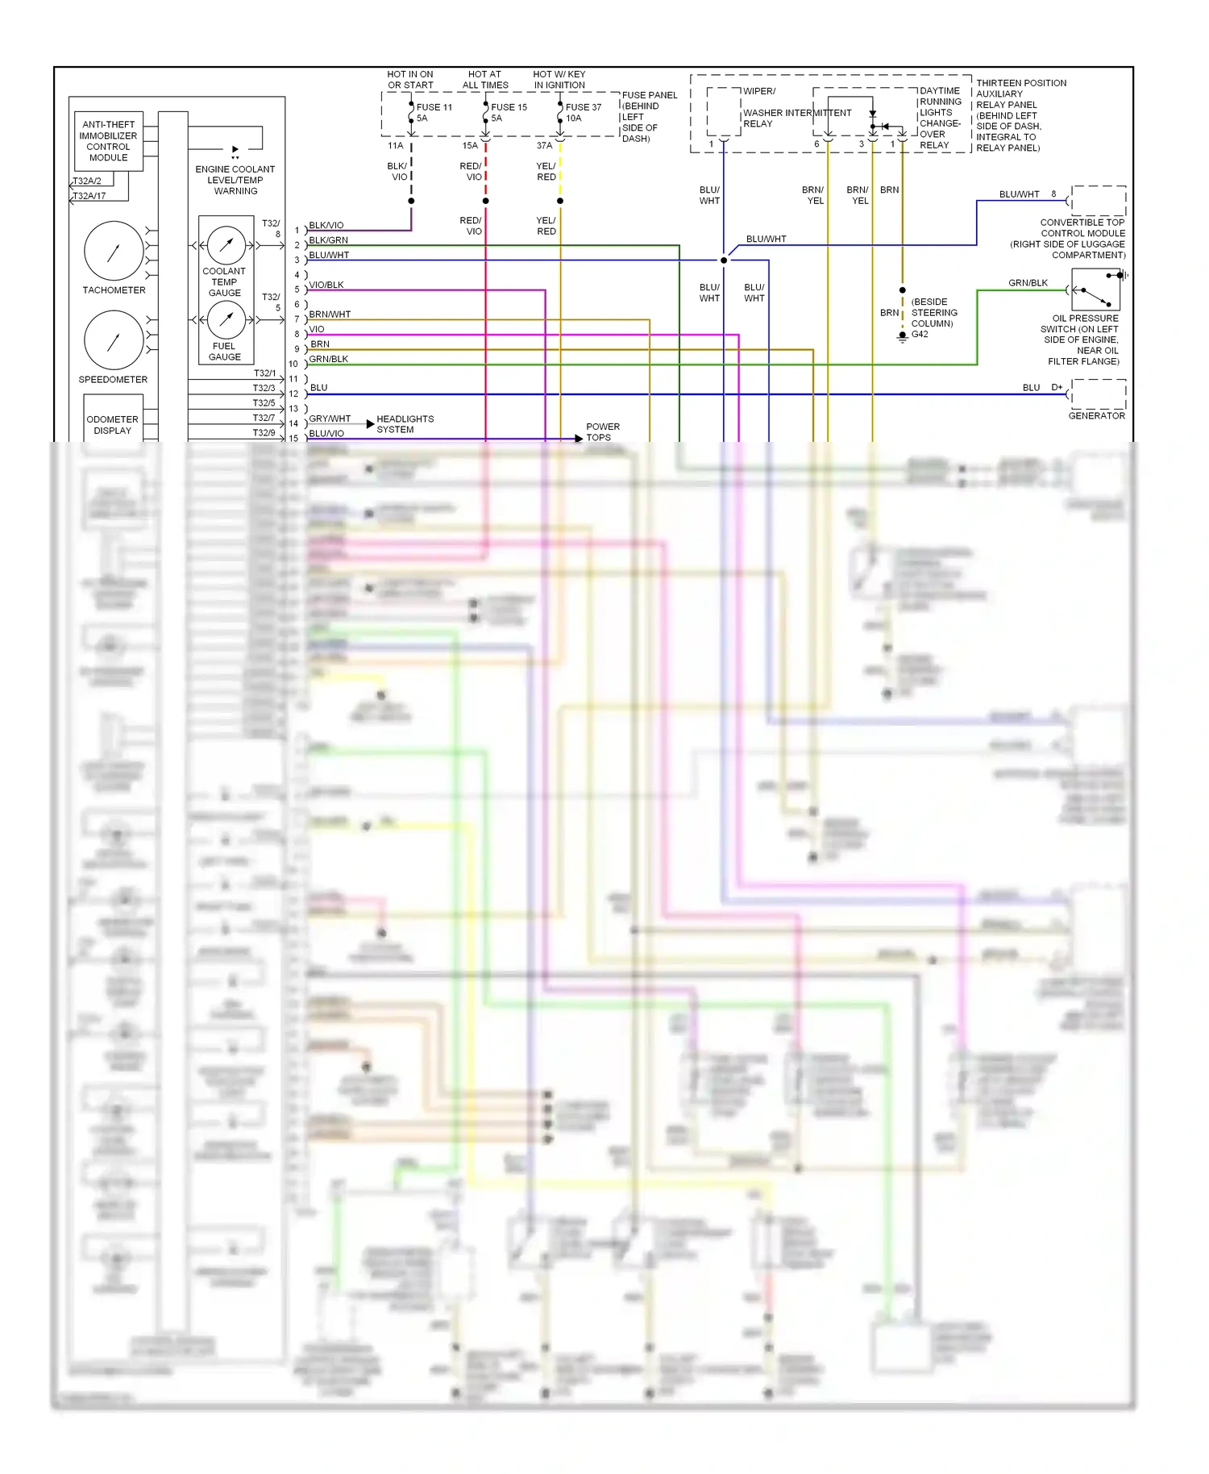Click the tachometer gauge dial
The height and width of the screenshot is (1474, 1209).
114,251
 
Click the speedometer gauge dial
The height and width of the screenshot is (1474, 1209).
114,340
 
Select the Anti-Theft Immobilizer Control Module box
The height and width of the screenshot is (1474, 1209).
108,141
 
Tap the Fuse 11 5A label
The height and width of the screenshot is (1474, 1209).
433,112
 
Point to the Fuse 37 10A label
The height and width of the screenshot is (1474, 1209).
583,112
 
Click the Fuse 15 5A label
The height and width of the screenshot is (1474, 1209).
508,112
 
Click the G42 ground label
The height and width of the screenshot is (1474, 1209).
920,334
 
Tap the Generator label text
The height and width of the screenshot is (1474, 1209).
1096,415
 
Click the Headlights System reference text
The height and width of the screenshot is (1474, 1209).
405,424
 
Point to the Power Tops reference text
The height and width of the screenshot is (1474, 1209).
602,431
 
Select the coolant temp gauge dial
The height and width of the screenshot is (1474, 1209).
226,244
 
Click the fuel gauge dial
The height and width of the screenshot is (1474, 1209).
226,320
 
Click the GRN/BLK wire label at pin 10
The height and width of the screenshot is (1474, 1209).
329,359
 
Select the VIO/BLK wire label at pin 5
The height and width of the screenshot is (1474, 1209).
326,285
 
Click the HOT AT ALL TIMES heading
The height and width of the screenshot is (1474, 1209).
484,79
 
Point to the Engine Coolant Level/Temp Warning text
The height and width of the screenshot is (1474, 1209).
235,180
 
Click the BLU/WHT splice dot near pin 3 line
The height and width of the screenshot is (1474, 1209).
724,260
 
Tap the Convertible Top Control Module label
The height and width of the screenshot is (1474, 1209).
1082,238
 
